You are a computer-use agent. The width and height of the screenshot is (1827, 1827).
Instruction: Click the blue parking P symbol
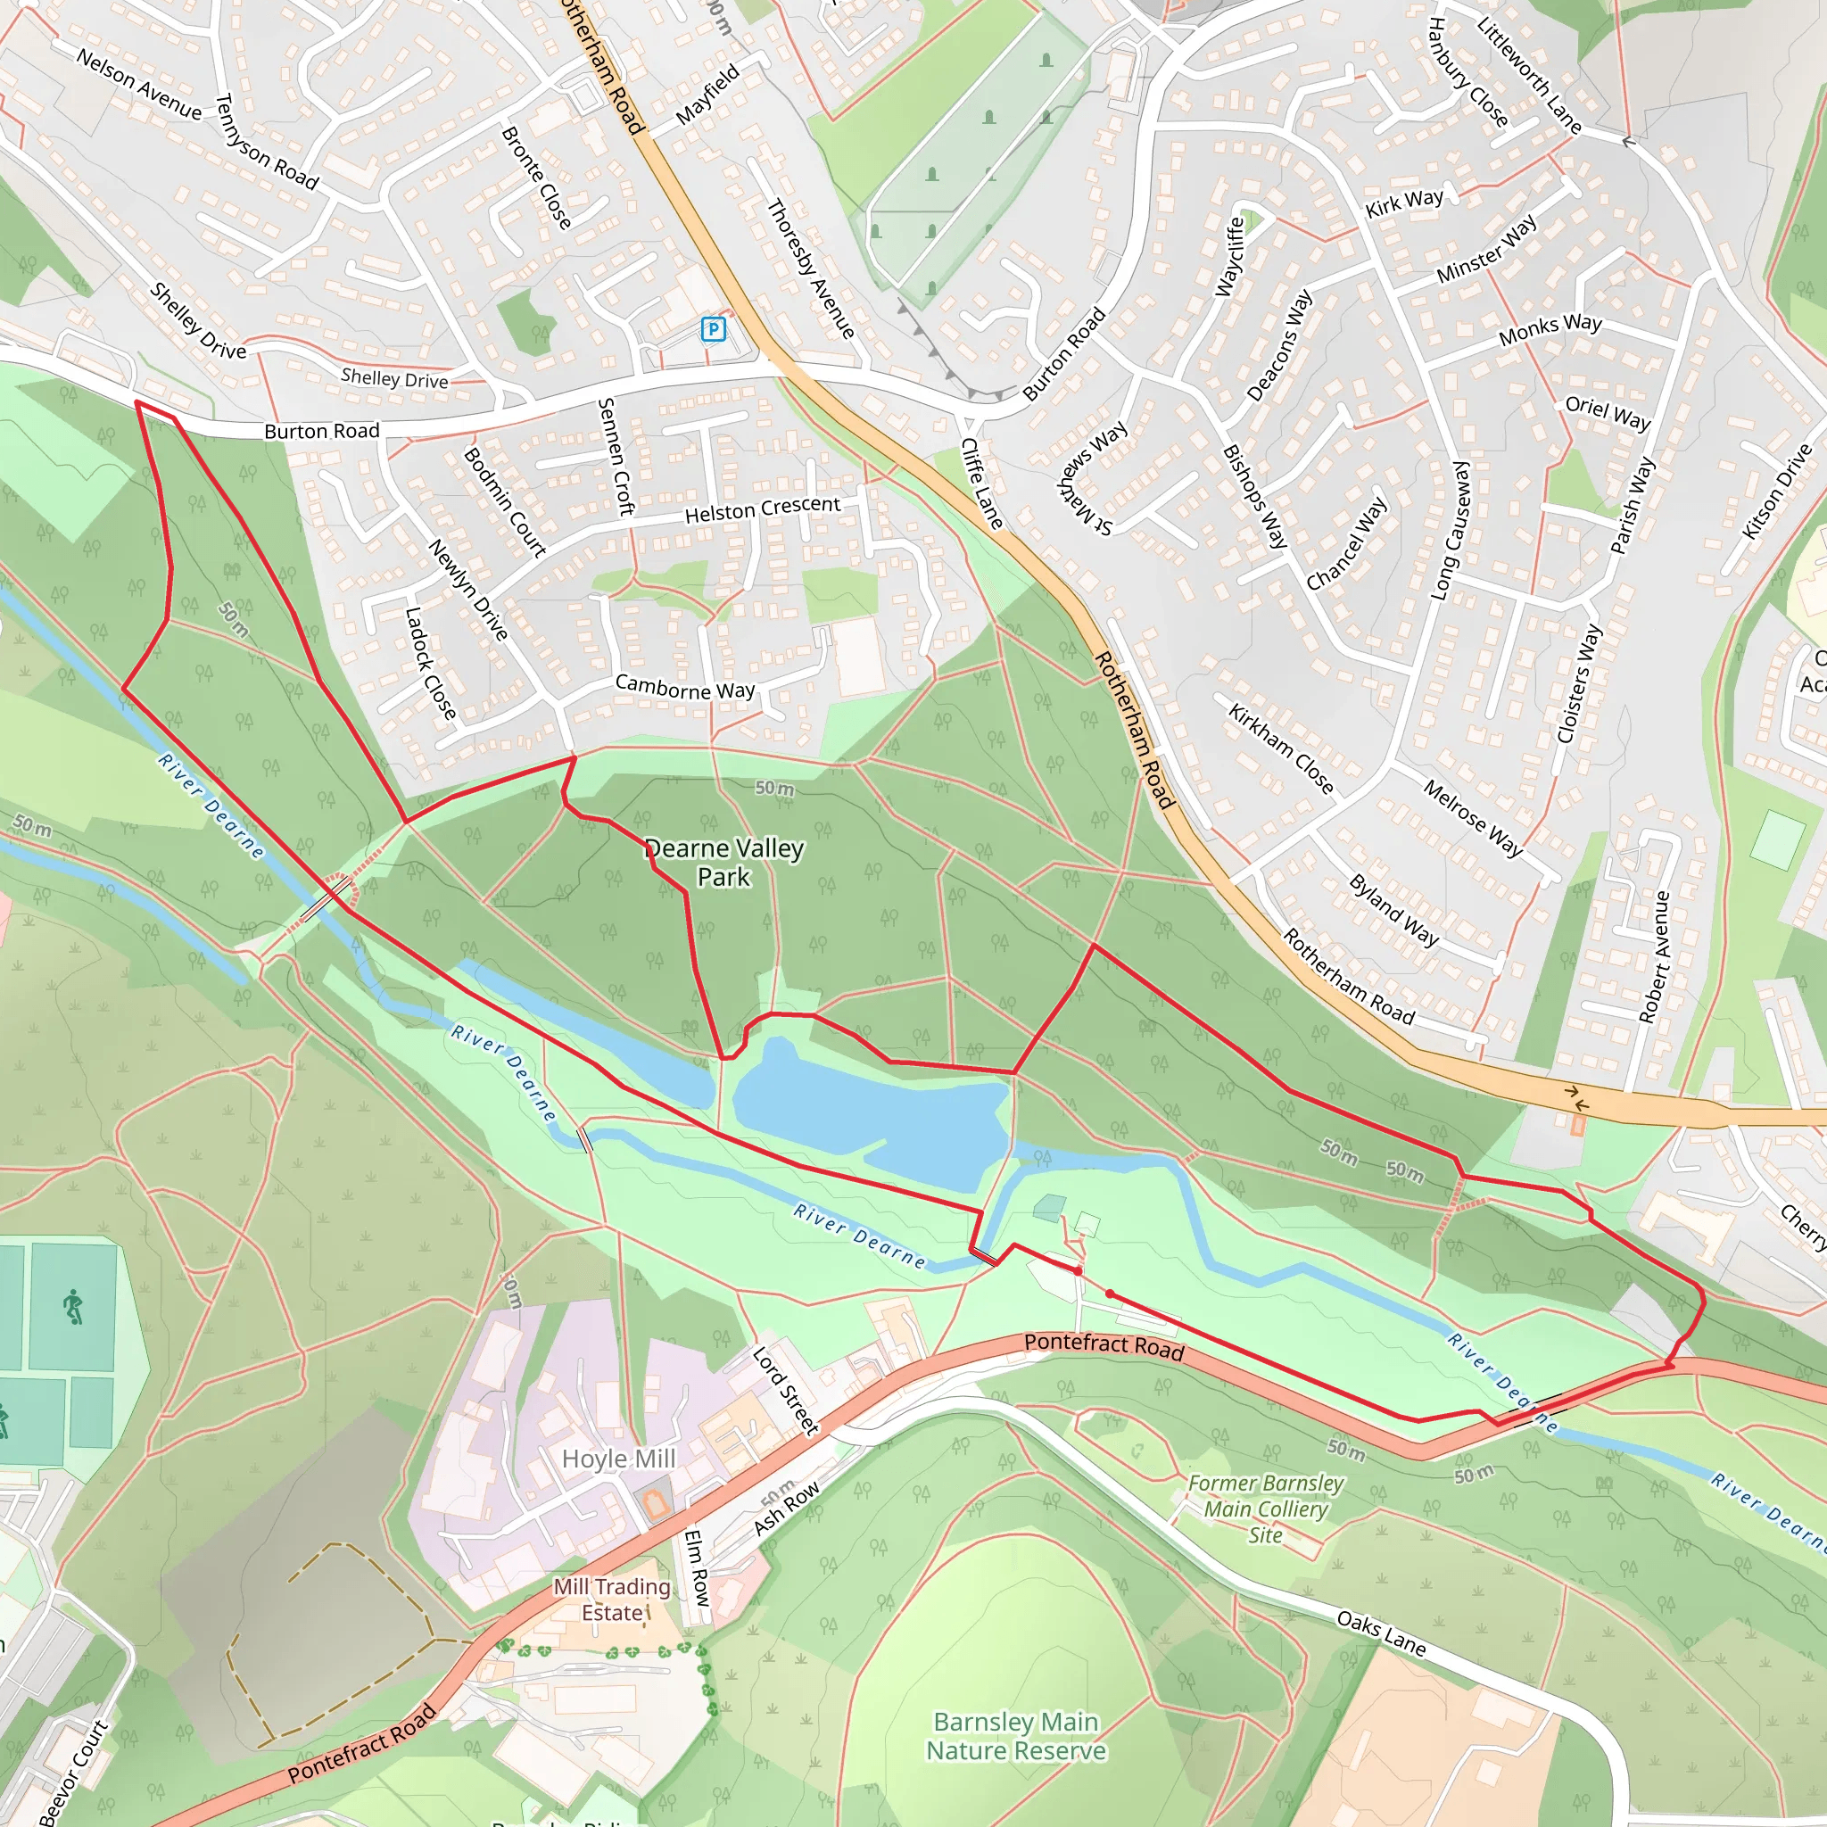click(x=714, y=329)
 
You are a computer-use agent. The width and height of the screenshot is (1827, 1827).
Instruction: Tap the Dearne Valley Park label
click(x=724, y=863)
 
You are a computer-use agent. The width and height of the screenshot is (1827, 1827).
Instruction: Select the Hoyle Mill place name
click(x=618, y=1459)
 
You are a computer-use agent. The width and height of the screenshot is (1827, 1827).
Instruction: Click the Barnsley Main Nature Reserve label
click(x=1015, y=1736)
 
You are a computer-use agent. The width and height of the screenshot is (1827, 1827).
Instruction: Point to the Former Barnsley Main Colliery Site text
click(x=1265, y=1509)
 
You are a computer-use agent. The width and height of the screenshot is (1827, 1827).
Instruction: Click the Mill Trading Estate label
click(x=612, y=1600)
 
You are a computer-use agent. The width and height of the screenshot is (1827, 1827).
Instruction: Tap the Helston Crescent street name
click(x=762, y=509)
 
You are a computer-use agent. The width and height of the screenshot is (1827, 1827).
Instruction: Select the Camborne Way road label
click(x=684, y=688)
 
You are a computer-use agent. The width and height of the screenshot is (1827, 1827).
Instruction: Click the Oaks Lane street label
click(x=1381, y=1633)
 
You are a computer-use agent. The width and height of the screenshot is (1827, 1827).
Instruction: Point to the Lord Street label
click(x=785, y=1391)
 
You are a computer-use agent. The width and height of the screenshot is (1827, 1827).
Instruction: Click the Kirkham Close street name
click(x=1280, y=749)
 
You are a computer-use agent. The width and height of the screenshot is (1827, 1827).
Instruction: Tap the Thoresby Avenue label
click(x=810, y=269)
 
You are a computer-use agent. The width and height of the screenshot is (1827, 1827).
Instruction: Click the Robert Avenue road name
click(x=1655, y=956)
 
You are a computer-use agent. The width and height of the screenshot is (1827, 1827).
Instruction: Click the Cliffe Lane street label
click(x=981, y=483)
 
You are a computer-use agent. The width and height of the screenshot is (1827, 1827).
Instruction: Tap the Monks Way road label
click(x=1550, y=328)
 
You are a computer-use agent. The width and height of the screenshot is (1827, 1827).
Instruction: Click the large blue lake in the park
click(x=870, y=1112)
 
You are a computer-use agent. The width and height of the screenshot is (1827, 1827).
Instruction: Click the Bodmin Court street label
click(x=505, y=501)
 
